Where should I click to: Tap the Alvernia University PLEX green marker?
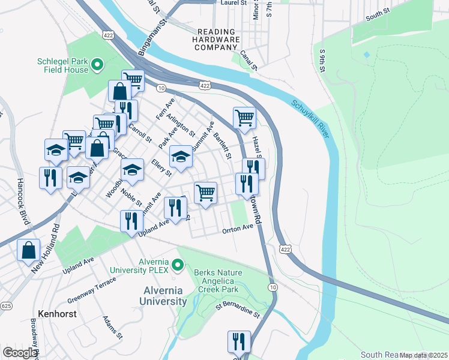tap(177, 265)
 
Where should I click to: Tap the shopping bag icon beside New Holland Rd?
tap(29, 251)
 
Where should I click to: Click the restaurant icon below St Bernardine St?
tap(239, 342)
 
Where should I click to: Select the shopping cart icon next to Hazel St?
tap(244, 118)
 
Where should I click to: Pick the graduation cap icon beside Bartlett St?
tap(181, 156)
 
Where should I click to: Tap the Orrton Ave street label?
tap(238, 229)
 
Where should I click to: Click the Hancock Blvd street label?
tap(22, 195)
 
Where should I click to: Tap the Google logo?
tap(20, 353)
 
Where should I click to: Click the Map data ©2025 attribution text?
tap(423, 355)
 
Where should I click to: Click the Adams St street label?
tap(112, 327)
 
